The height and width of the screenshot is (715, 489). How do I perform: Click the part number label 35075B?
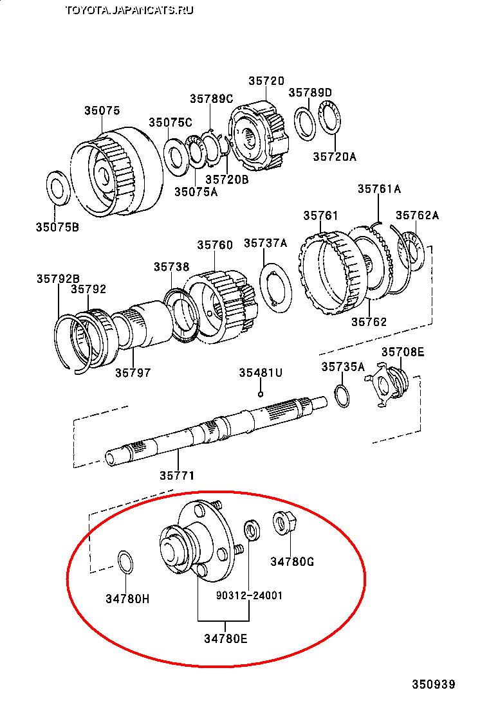[57, 226]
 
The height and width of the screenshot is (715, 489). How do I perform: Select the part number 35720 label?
[266, 81]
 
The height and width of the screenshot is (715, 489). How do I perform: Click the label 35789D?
[310, 93]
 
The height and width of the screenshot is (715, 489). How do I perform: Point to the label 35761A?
[379, 189]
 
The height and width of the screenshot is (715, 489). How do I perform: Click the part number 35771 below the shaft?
[177, 476]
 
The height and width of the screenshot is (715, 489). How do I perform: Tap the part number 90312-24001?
[249, 595]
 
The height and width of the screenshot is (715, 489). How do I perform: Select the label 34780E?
[226, 638]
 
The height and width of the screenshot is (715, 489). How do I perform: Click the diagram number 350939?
[434, 684]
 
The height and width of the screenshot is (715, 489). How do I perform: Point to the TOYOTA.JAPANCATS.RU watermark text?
[129, 10]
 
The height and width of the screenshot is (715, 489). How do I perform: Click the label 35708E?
[403, 352]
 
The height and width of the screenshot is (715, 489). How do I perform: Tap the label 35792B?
[59, 278]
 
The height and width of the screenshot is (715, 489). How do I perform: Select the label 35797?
[133, 372]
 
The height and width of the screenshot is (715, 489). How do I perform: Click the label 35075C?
[171, 122]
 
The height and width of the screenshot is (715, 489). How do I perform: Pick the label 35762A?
[418, 215]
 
